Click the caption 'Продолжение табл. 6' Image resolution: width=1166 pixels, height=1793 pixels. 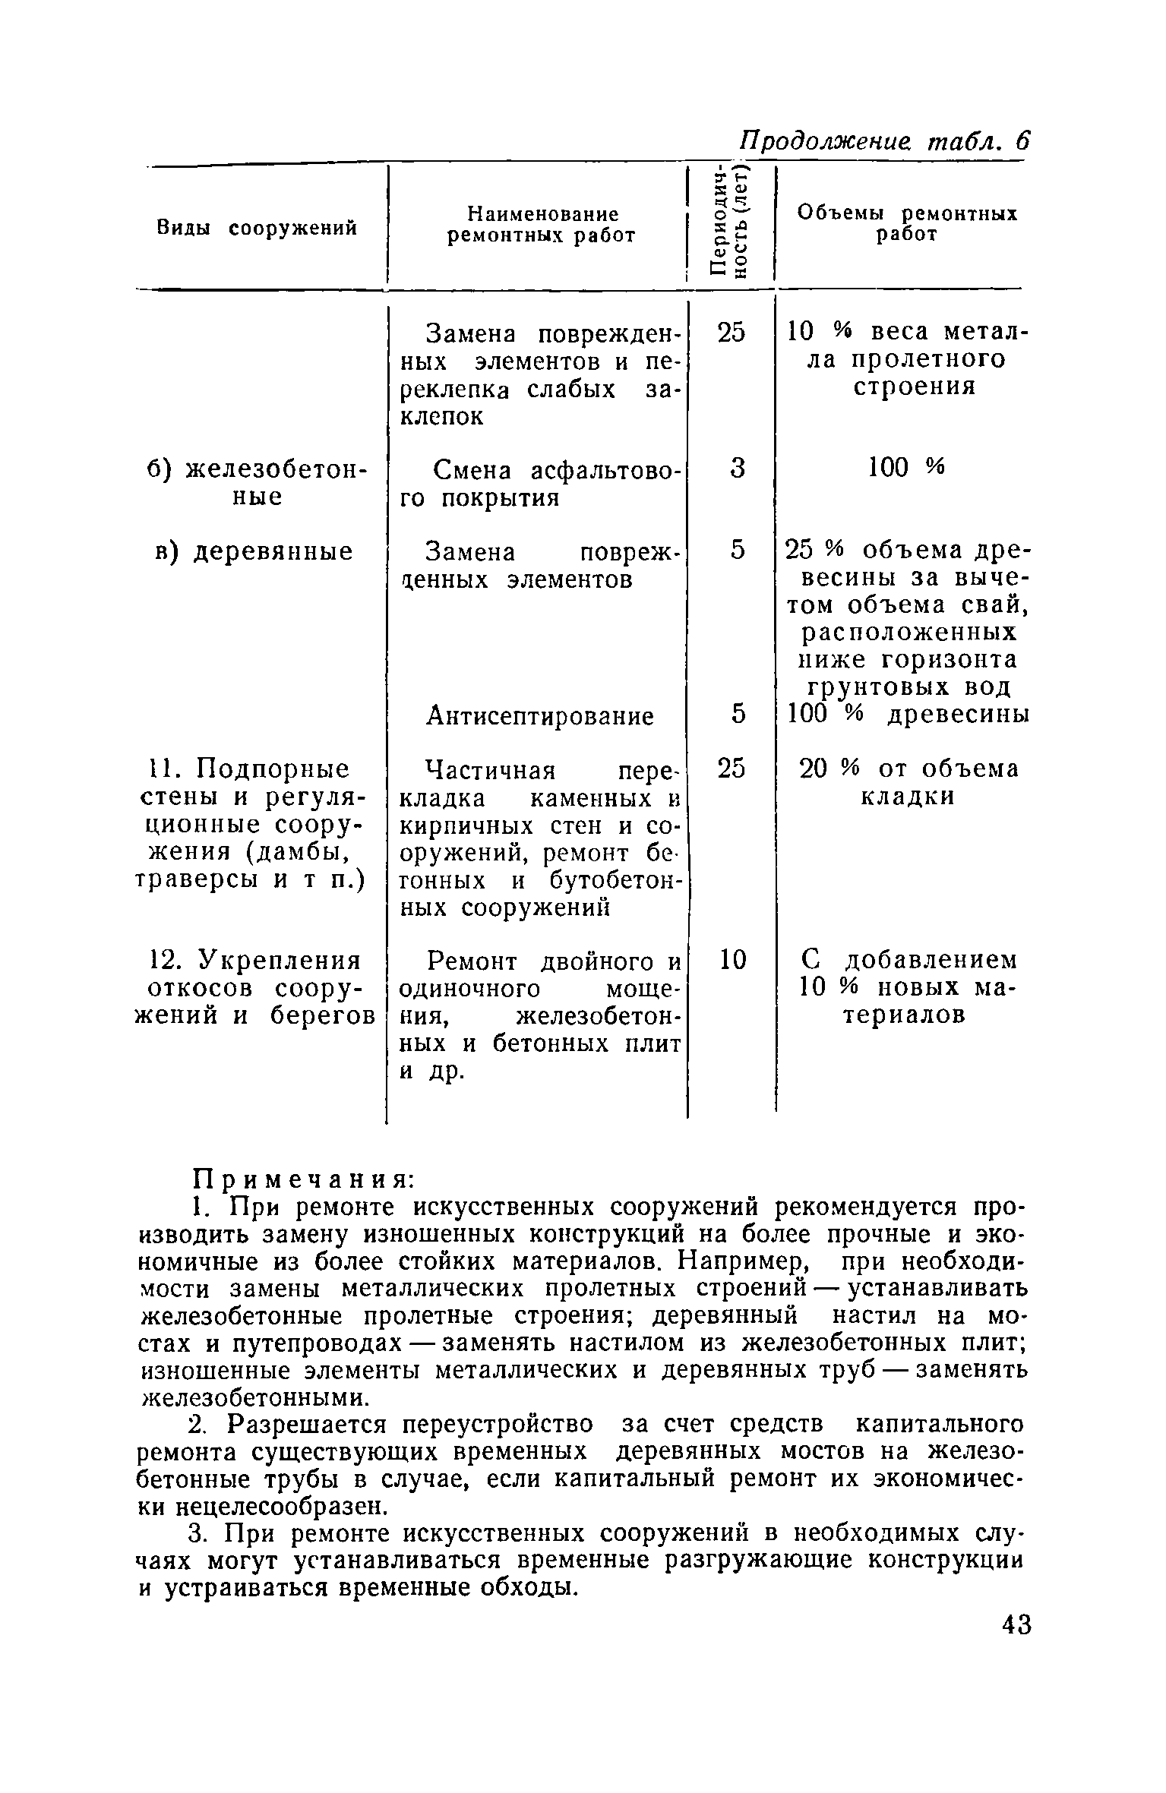884,142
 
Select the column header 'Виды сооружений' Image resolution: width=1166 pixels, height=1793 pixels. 257,227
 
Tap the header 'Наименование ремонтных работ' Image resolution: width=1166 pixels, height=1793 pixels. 541,225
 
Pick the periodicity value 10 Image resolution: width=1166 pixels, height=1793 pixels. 732,960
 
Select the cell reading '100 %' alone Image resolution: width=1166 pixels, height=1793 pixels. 906,468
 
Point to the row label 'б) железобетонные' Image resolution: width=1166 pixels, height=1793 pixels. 256,483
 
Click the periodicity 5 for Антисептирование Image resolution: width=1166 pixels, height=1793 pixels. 737,714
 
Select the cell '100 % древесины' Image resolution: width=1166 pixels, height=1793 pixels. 908,715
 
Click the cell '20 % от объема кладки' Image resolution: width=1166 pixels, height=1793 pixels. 908,783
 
